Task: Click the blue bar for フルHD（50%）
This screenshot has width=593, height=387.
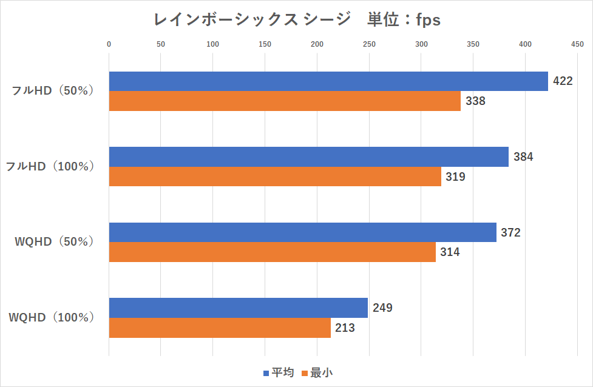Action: [328, 81]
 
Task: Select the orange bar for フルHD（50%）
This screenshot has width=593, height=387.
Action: [285, 101]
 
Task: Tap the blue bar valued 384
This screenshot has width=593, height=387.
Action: [308, 156]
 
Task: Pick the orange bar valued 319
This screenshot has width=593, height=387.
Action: [275, 177]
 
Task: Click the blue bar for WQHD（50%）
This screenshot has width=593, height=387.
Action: [302, 232]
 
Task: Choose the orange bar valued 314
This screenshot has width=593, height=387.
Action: [272, 252]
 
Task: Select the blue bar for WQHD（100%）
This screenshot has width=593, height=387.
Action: [238, 308]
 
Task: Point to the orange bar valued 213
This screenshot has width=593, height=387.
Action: [220, 328]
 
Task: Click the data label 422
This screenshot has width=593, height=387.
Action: [563, 81]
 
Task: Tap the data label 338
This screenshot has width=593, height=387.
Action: [475, 101]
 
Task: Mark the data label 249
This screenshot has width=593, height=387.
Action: [382, 308]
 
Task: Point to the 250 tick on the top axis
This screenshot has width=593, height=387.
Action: [369, 44]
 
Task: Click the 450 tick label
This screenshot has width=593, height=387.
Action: [577, 44]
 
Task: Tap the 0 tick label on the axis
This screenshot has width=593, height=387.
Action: [109, 44]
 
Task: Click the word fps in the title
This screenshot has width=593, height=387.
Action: [428, 20]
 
